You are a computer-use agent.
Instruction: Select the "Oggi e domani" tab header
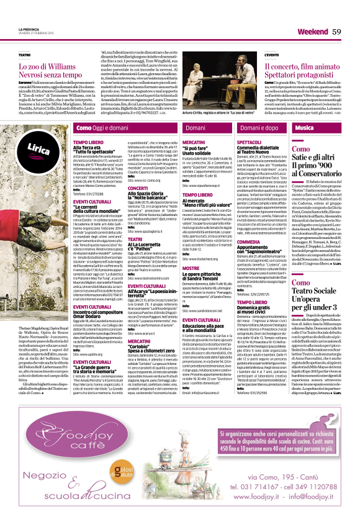pos(106,127)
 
